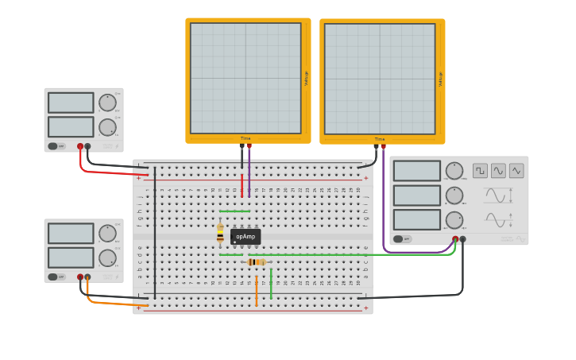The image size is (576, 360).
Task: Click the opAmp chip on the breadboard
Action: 245,237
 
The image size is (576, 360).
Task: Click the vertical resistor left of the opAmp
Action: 220,233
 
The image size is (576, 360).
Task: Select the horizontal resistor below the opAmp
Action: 256,261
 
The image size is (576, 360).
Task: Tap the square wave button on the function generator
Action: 480,171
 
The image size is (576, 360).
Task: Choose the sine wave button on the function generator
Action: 498,171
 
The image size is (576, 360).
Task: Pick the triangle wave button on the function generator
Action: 516,171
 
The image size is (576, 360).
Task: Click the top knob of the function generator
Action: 454,171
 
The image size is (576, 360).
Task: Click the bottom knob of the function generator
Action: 454,220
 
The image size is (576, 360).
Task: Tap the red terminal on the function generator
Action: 455,238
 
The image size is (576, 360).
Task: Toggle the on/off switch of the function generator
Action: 403,238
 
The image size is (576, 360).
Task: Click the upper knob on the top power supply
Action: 107,103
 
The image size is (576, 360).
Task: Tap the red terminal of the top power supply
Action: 80,146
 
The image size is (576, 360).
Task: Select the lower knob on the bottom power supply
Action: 107,258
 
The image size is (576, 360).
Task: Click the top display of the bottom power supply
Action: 71,233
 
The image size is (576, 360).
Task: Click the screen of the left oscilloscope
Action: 245,78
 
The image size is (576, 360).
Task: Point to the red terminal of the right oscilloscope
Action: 383,146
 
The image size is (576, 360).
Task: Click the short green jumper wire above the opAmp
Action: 234,211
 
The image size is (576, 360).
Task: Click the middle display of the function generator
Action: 417,195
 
